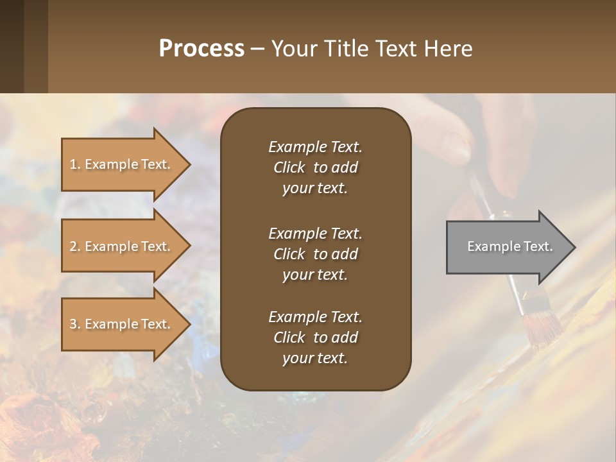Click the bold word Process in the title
(201, 49)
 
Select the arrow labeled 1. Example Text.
(122, 164)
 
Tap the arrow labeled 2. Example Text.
(122, 246)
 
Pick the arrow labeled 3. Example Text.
(122, 324)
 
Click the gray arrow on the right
(507, 247)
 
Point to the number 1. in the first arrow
(75, 164)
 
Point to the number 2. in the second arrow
(75, 246)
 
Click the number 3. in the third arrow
(75, 324)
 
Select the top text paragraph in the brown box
(315, 167)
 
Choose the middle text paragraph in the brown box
(315, 253)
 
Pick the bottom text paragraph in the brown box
(315, 338)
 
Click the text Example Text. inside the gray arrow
(509, 246)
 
